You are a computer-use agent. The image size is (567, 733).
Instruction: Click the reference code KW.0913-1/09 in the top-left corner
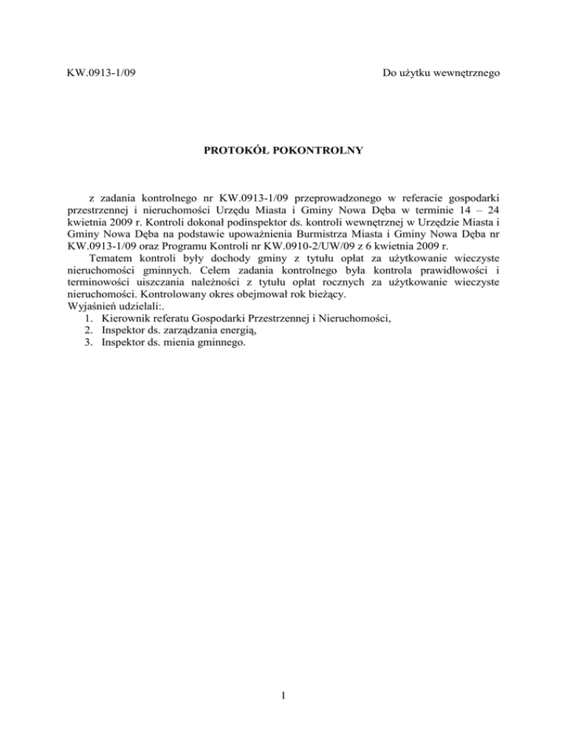click(100, 73)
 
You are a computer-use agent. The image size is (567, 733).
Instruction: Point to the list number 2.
click(89, 344)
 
